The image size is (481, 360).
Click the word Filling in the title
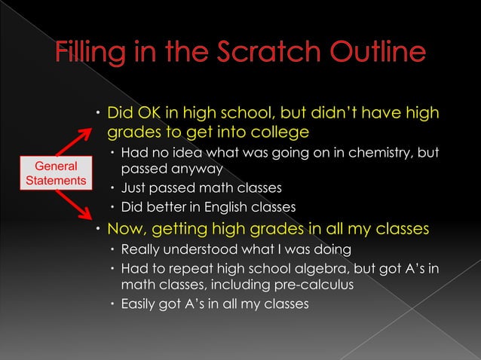pyautogui.click(x=96, y=54)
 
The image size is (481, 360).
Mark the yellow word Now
pyautogui.click(x=126, y=228)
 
